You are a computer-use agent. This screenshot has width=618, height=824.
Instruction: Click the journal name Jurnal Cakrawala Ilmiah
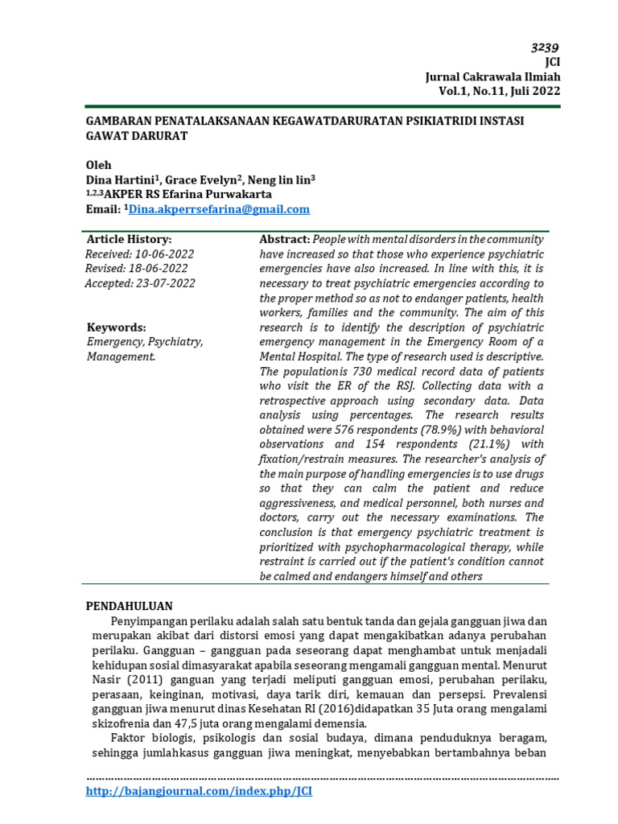click(x=492, y=76)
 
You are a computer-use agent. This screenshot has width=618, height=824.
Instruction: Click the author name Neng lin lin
click(x=278, y=180)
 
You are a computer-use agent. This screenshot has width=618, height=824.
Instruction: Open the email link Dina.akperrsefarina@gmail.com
click(x=219, y=209)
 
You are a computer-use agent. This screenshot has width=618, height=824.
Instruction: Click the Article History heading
click(x=129, y=240)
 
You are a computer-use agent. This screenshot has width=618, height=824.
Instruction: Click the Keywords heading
click(x=117, y=328)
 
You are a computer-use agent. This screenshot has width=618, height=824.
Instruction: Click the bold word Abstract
click(x=284, y=240)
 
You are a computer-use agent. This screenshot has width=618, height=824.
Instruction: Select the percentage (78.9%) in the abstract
click(x=438, y=430)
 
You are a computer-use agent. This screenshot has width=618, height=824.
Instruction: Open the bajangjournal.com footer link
click(x=199, y=792)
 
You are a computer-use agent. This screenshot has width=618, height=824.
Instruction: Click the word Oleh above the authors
click(x=99, y=165)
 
